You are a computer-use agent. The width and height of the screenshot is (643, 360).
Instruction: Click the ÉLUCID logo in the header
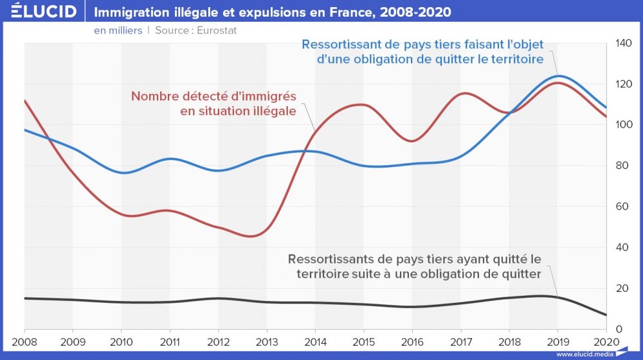(x=39, y=12)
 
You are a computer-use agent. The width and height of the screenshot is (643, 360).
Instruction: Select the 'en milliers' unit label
(x=118, y=30)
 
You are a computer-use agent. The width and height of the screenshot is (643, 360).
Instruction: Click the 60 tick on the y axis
(x=620, y=206)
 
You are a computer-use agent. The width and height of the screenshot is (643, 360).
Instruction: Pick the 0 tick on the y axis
(x=618, y=329)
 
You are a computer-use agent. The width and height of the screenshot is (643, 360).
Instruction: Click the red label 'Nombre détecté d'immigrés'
(x=213, y=96)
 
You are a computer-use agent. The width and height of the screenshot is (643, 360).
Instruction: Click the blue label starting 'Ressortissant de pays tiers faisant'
(x=422, y=45)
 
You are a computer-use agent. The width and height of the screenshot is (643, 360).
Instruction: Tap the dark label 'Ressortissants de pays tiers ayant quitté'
(x=415, y=260)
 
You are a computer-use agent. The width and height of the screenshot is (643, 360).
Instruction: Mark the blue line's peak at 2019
(x=557, y=76)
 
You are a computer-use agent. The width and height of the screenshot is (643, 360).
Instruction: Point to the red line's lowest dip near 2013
(x=252, y=236)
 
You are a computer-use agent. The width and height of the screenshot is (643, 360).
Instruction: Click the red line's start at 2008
(x=24, y=100)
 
